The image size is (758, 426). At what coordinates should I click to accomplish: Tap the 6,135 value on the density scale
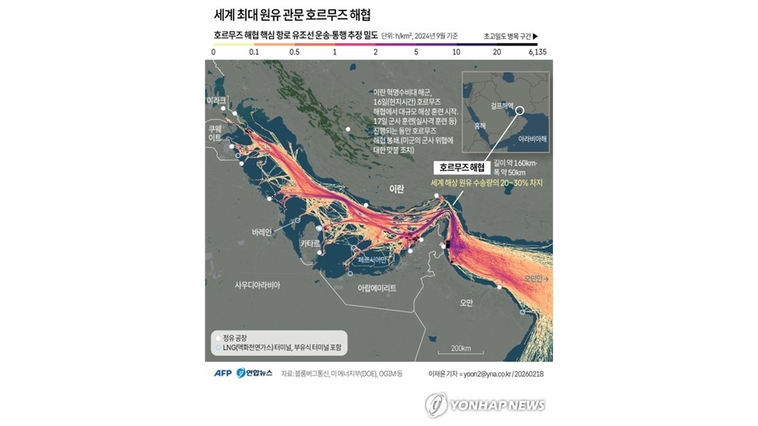537,52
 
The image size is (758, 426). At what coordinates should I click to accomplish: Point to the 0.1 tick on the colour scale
254,52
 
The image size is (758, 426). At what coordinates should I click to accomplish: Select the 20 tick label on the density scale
496,52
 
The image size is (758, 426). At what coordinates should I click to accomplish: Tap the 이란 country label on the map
396,189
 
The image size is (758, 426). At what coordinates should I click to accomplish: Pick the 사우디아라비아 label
258,285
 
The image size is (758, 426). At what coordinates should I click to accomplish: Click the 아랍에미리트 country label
377,288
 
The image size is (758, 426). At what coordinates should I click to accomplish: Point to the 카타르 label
310,243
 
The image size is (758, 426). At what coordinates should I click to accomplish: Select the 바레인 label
261,232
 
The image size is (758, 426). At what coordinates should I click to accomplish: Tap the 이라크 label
216,101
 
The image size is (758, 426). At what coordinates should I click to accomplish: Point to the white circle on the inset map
519,110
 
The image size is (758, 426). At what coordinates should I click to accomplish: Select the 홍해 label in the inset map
480,126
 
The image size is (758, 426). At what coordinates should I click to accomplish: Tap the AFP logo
223,373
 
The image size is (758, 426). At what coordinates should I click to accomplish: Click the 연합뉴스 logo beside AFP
254,373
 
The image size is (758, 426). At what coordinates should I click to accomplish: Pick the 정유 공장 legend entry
232,337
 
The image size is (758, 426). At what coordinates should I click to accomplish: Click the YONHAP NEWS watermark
486,405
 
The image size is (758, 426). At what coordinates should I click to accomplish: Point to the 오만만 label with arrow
537,278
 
